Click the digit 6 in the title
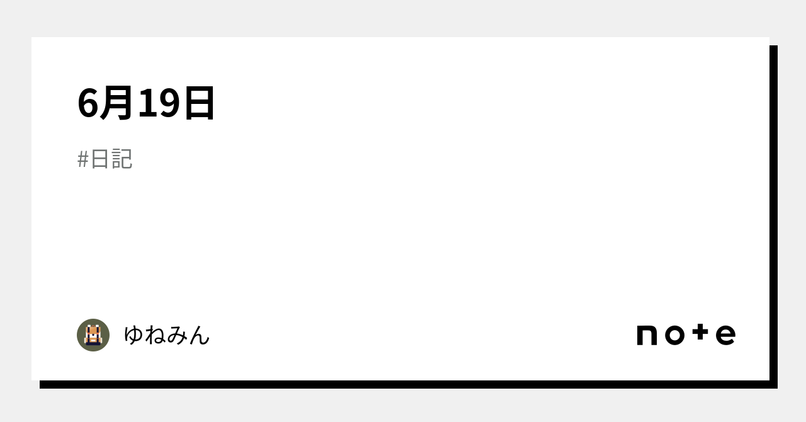[x=88, y=103]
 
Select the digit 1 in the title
[x=147, y=103]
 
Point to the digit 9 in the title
[x=168, y=103]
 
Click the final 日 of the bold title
[x=199, y=103]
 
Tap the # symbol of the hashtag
[x=83, y=159]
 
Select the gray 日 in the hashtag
[x=100, y=159]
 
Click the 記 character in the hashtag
[x=122, y=159]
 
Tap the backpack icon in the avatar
[x=93, y=335]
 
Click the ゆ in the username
[x=134, y=335]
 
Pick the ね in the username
[x=156, y=335]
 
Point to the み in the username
[x=178, y=335]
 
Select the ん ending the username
[x=200, y=335]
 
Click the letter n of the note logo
[x=647, y=335]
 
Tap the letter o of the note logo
[x=674, y=335]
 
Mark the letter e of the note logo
[x=726, y=335]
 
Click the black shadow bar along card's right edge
[x=773, y=214]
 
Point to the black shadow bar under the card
[x=403, y=384]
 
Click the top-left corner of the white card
[x=33, y=38]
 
